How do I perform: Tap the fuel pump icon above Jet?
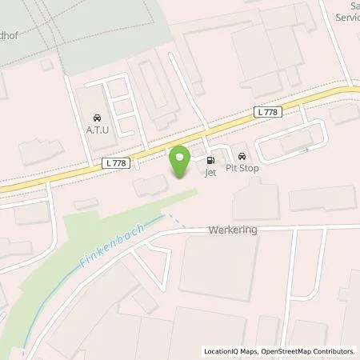coord(211,158)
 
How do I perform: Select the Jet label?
coord(211,171)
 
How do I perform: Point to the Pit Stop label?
coord(243,170)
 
